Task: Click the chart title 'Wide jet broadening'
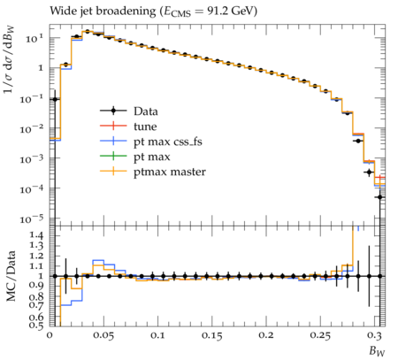tap(103, 11)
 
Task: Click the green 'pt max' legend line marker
tap(113, 156)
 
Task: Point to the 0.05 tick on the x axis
tap(103, 336)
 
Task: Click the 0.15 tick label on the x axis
tap(211, 336)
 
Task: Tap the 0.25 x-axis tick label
tap(320, 336)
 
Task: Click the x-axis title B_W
tap(377, 351)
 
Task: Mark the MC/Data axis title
tap(11, 276)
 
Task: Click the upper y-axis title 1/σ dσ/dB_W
tap(10, 59)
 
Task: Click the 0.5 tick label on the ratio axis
tap(36, 325)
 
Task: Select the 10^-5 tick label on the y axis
tap(31, 219)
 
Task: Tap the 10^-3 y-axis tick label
tap(31, 159)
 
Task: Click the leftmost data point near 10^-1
tap(55, 99)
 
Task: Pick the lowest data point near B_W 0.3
tap(380, 197)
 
